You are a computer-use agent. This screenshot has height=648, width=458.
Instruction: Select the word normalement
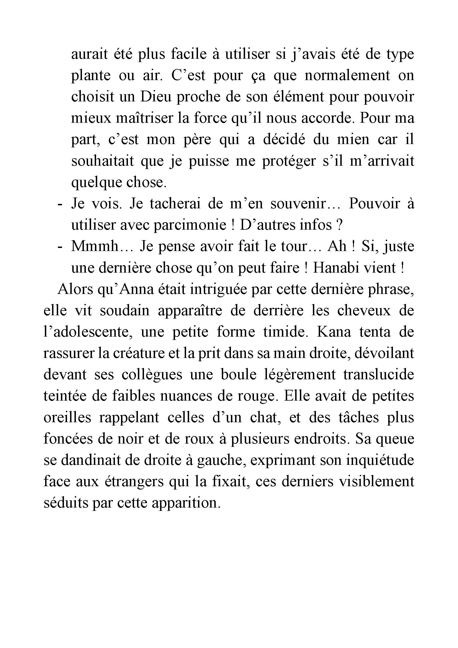(347, 75)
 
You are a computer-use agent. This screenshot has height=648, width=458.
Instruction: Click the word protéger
(289, 161)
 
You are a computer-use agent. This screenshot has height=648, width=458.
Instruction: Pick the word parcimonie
(190, 225)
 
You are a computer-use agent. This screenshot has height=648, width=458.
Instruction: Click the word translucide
(379, 375)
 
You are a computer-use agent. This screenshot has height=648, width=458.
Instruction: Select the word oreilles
(67, 417)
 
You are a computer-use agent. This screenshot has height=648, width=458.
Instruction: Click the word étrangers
(134, 481)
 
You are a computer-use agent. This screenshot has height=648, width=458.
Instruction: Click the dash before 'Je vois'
(60, 204)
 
